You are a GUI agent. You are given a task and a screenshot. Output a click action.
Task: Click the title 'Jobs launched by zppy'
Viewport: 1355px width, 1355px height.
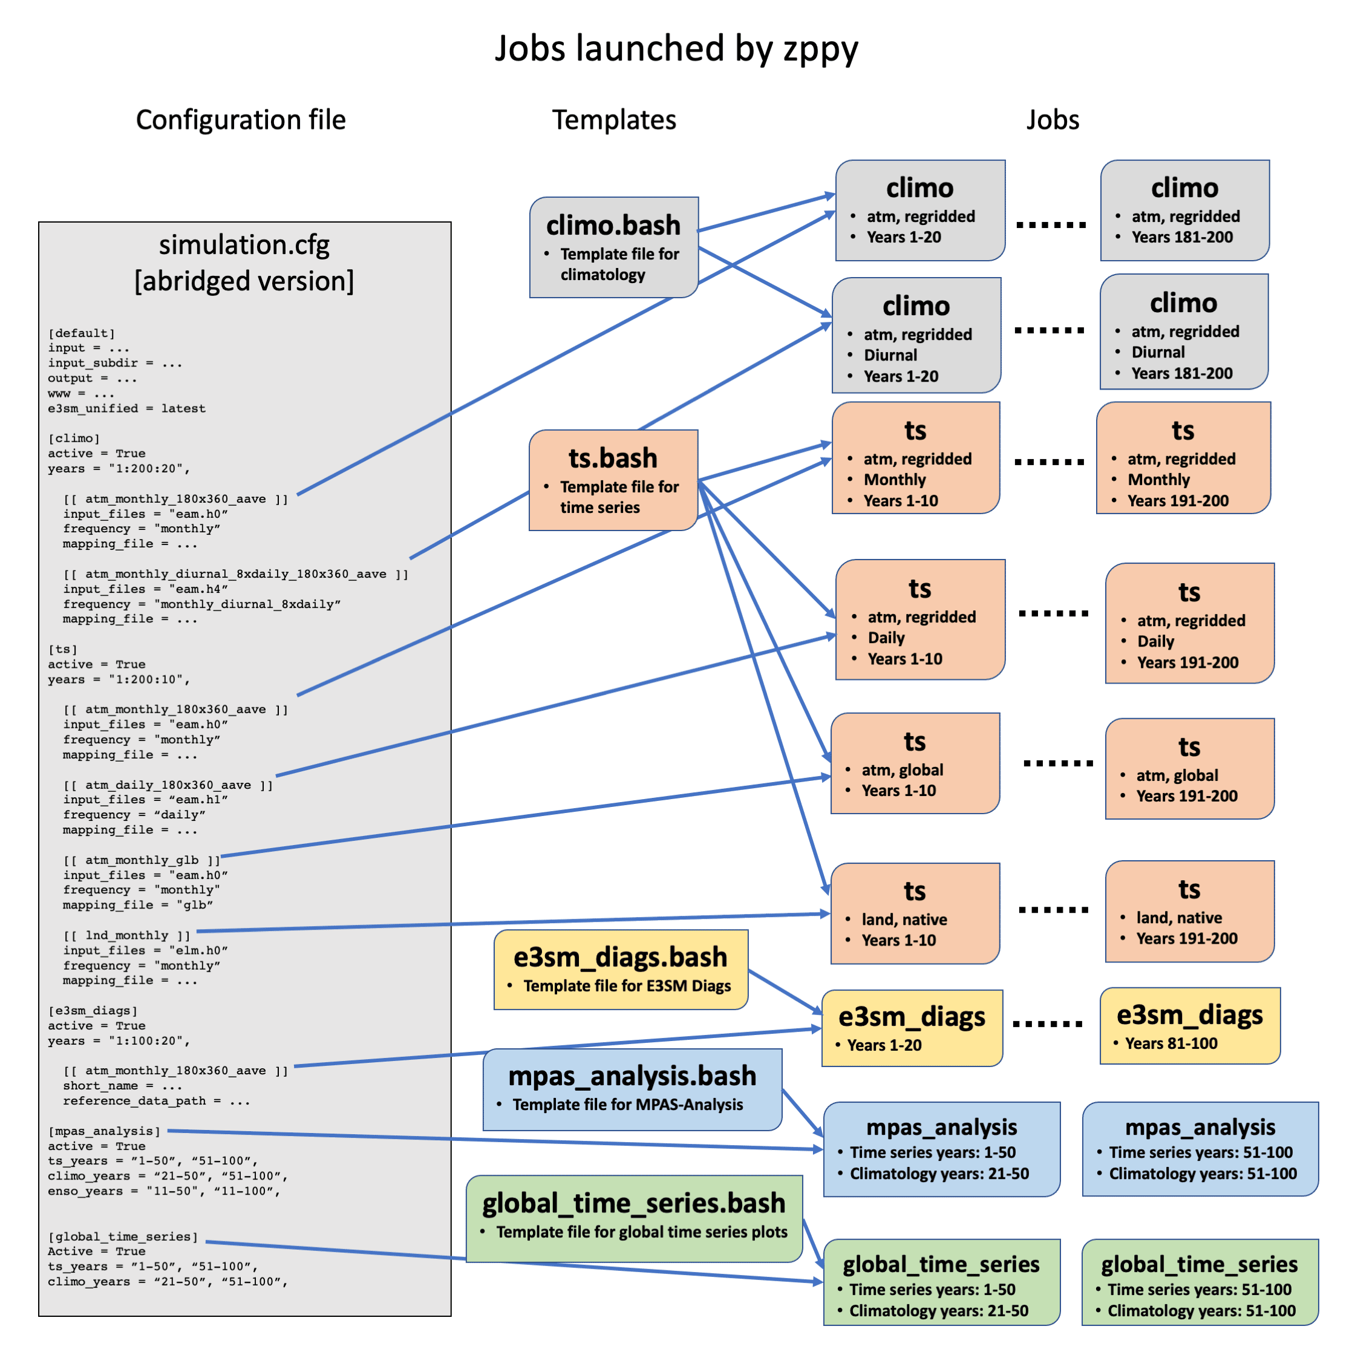(x=676, y=48)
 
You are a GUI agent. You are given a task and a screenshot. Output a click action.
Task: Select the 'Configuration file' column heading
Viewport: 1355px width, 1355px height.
(x=241, y=120)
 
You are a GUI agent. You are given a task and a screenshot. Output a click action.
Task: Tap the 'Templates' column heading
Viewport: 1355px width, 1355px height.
(x=613, y=120)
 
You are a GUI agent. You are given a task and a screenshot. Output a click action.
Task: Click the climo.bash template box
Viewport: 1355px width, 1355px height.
(x=613, y=247)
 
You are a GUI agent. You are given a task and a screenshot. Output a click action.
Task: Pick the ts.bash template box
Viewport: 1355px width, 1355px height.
(x=613, y=480)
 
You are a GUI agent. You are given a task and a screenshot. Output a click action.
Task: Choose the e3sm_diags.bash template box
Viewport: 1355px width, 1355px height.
(x=621, y=969)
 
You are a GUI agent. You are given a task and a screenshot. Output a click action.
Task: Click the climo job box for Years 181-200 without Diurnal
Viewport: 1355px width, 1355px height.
(x=1184, y=211)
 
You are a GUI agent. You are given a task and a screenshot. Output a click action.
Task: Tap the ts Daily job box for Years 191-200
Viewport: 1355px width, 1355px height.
(x=1189, y=623)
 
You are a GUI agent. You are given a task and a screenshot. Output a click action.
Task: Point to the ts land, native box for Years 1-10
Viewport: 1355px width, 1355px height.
(x=915, y=913)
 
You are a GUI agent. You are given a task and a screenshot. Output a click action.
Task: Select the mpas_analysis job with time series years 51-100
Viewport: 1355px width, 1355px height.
(x=1200, y=1149)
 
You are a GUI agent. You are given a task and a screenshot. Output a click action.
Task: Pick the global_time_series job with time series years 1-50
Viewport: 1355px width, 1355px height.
(x=941, y=1282)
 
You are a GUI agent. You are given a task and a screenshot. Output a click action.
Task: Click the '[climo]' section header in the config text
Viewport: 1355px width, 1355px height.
(x=74, y=439)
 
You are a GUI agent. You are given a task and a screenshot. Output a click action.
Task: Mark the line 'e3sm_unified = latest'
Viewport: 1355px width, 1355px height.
(x=126, y=408)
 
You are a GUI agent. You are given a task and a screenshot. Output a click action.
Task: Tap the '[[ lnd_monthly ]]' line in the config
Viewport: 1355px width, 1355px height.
(x=126, y=935)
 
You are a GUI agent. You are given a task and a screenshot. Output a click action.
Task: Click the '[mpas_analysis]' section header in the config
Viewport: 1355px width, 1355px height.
(x=104, y=1131)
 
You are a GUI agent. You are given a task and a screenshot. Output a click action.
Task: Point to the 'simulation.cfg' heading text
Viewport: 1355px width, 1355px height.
(x=244, y=245)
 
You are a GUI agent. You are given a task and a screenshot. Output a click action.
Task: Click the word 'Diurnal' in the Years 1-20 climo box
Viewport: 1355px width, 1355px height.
(x=890, y=355)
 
